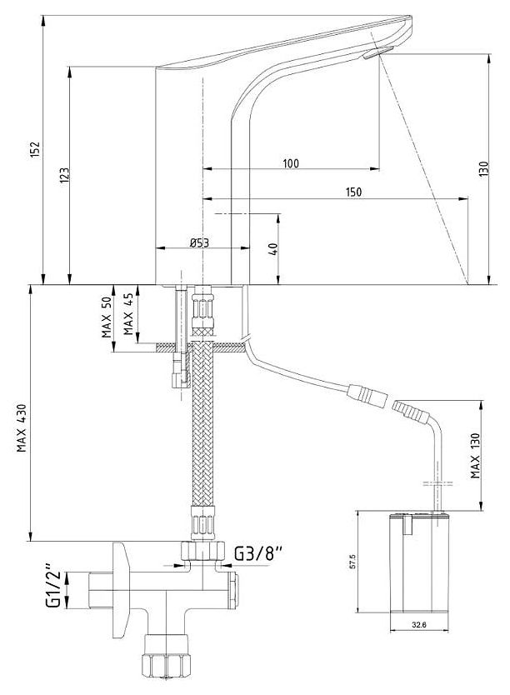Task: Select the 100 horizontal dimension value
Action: (290, 162)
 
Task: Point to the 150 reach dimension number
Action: (353, 192)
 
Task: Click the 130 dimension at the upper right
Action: (483, 169)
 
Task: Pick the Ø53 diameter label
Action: (198, 242)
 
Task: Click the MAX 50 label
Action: (107, 316)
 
